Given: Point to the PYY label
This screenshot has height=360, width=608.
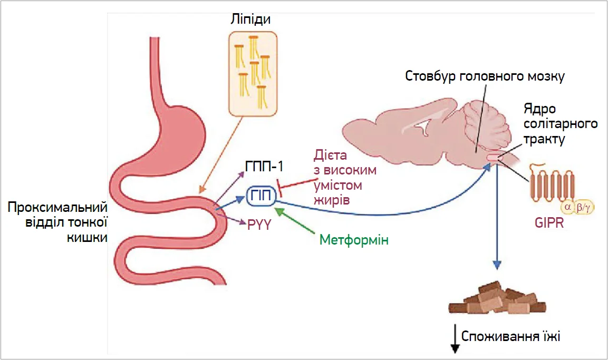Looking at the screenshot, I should tap(259, 225).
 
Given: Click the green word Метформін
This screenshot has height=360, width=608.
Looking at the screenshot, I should tap(354, 240).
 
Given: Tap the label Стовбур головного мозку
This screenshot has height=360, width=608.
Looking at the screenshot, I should tap(485, 76).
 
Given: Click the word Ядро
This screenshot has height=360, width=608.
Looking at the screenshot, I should tap(538, 109).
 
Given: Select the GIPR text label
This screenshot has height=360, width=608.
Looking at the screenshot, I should tap(548, 223).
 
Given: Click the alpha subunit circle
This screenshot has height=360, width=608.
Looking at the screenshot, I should tap(568, 208).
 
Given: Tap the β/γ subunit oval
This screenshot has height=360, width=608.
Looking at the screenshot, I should tap(583, 208).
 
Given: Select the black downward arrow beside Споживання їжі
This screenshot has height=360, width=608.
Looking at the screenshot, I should tap(453, 340).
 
